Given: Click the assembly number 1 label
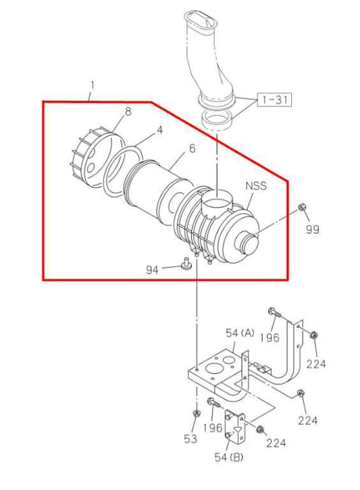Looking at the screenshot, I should [92, 87].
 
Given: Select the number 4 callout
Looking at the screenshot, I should [159, 128].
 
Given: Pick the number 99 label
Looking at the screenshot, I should [312, 229].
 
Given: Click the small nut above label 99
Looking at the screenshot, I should [303, 206].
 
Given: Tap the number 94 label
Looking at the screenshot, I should [153, 269].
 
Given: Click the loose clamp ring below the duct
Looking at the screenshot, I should [218, 123].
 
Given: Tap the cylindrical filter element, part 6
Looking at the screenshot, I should [155, 186].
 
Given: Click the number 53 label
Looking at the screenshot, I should [190, 439].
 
